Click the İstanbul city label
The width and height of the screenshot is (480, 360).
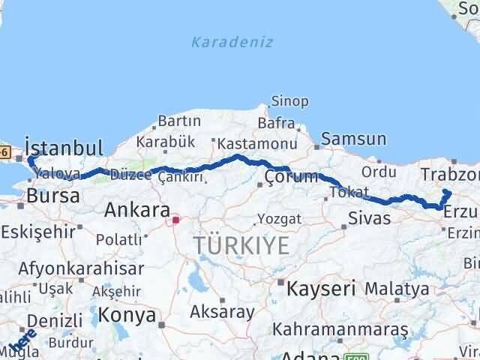click(63, 145)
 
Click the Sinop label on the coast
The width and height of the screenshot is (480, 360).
click(289, 101)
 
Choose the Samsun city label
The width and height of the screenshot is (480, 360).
click(354, 139)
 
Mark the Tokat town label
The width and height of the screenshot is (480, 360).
click(349, 193)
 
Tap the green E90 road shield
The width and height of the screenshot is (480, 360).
click(352, 355)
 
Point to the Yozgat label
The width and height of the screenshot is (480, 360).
click(279, 218)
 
